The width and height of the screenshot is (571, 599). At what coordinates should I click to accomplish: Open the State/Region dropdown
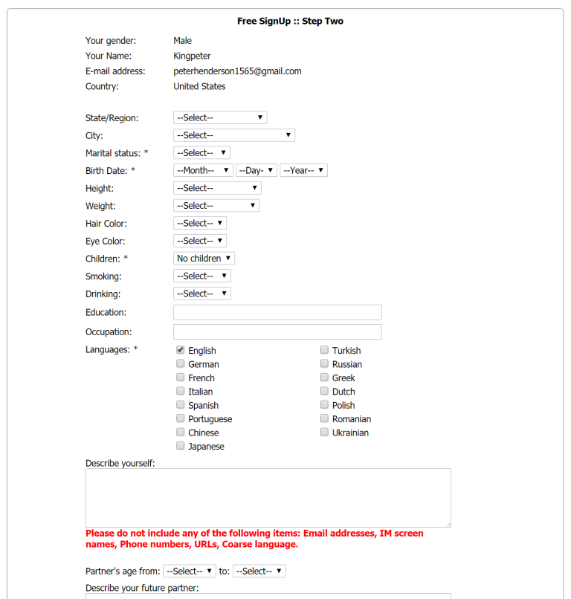point(219,117)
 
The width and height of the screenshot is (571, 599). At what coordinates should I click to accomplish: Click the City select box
point(233,135)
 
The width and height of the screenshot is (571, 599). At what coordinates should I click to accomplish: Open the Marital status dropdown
point(201,153)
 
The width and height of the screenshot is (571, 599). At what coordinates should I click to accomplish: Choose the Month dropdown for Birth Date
point(203,170)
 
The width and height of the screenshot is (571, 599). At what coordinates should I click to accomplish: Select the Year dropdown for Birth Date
point(303,170)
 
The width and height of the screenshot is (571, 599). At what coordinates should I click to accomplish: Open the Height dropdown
point(217,188)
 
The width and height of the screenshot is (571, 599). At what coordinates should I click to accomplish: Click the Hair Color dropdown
point(199,223)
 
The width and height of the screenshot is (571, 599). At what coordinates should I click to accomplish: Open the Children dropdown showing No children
point(204,259)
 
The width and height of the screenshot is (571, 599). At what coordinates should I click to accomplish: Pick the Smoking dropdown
point(201,276)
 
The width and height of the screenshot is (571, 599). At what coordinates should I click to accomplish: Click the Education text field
point(277,312)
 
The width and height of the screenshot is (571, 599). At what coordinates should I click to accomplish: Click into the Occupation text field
point(277,331)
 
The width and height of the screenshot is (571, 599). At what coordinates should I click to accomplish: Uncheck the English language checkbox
point(181,350)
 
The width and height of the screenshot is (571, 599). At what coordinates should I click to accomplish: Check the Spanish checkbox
point(181,405)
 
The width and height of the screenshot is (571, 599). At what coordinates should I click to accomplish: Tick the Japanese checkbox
point(181,446)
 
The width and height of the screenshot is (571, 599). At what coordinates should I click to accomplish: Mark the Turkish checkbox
point(325,350)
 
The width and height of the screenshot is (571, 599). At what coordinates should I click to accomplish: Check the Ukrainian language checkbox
point(325,433)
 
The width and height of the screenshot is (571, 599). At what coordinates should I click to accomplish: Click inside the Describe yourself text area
point(268,498)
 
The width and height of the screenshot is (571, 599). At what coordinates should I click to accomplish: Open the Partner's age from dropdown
point(189,572)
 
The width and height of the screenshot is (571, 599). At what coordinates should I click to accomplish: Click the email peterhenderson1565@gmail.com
point(237,71)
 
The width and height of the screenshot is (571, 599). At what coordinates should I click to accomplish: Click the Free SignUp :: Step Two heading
point(290,21)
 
